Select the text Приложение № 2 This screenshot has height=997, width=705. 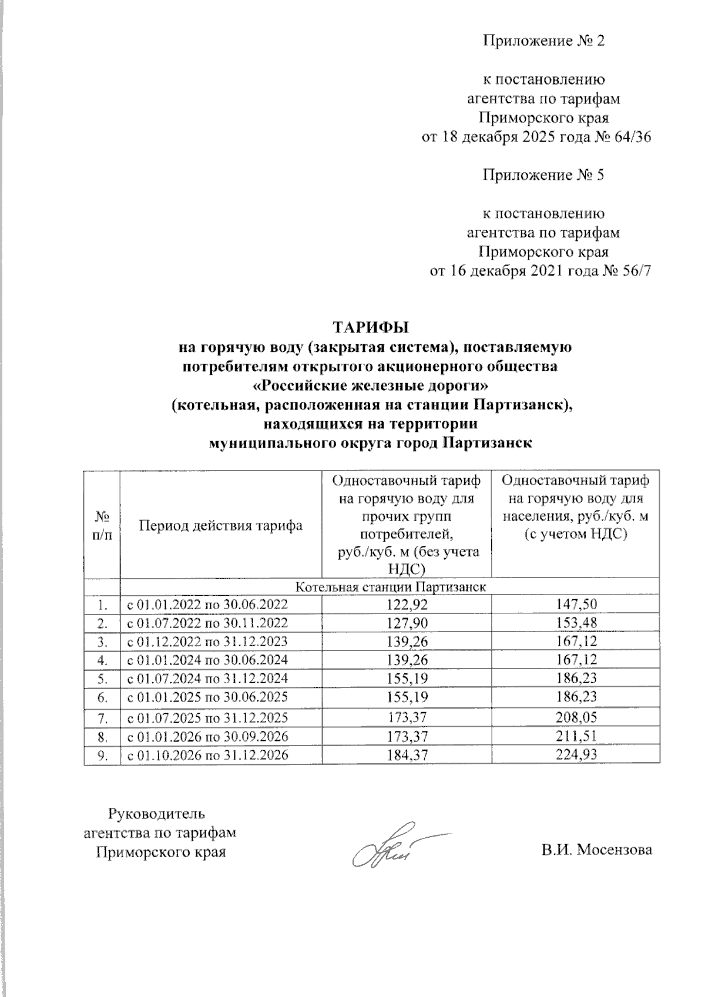point(543,41)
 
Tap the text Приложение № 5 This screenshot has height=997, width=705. point(543,175)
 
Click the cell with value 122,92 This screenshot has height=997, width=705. point(406,604)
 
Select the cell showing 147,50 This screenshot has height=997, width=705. point(576,604)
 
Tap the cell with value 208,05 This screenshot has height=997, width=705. point(576,717)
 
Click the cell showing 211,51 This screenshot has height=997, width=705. point(576,736)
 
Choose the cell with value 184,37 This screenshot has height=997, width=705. point(406,755)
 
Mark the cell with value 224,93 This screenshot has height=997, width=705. point(576,755)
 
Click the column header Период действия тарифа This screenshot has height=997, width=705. point(220,526)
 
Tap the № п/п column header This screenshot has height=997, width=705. point(103,526)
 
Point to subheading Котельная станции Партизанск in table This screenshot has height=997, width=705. point(390,587)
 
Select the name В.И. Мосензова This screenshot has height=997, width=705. point(597,850)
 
